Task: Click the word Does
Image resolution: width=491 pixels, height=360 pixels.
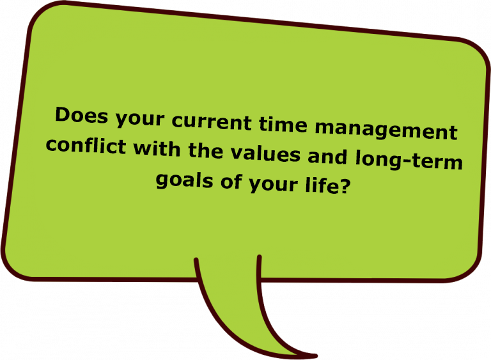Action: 81,115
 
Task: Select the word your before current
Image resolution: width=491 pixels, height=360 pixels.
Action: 139,120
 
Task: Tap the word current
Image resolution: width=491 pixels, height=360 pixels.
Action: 212,122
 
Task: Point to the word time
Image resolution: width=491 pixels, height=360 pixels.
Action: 283,125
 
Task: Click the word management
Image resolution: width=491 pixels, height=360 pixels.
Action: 386,130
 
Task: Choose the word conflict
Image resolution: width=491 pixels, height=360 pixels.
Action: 86,145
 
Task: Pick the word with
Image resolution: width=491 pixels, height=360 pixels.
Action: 157,148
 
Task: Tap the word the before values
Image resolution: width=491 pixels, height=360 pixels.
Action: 205,150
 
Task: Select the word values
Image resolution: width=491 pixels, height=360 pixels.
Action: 265,153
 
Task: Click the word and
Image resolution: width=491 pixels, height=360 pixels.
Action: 327,156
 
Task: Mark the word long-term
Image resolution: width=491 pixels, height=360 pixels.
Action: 409,160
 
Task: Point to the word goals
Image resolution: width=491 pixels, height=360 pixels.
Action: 184,181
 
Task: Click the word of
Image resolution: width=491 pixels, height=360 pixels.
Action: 231,182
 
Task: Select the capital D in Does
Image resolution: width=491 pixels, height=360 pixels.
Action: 63,114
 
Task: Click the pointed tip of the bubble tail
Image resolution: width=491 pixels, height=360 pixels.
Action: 316,356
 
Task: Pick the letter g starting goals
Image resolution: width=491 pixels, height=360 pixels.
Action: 162,182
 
